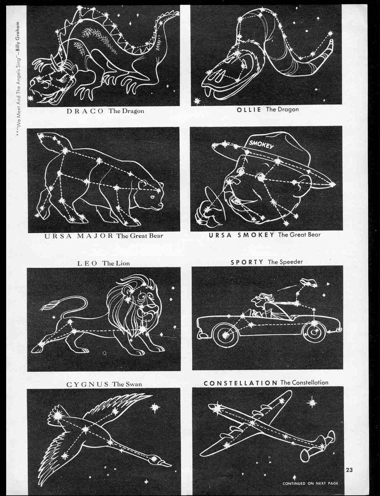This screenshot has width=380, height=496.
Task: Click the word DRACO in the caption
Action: [85, 111]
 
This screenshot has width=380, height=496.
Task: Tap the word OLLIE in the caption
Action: [249, 110]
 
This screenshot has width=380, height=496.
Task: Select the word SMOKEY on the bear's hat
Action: [261, 144]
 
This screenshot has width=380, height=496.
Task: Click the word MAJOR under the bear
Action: [95, 236]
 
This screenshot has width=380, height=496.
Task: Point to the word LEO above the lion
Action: [87, 263]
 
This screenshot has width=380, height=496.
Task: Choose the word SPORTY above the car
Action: [247, 262]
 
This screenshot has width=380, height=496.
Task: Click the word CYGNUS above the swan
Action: [87, 384]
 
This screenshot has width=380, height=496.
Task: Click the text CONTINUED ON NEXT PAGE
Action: [310, 483]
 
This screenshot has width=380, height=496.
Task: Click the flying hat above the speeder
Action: [309, 283]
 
